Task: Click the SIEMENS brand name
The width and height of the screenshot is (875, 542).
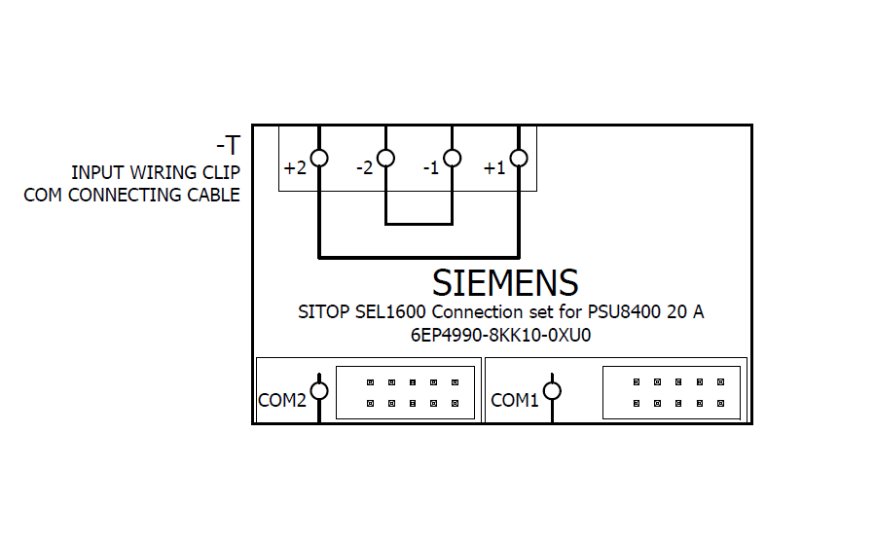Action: point(505,283)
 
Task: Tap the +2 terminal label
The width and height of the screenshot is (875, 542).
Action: point(295,168)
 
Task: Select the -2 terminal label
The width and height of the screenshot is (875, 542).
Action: point(364,168)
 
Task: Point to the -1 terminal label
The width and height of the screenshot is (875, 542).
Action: point(431,168)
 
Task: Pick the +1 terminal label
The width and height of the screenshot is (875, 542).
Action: point(494,168)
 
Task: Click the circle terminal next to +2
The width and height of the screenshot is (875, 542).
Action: point(319,158)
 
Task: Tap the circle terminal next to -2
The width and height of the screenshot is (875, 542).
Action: point(385,158)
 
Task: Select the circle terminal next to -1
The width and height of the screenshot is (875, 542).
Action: point(452,158)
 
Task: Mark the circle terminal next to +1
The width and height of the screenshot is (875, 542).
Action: point(519,158)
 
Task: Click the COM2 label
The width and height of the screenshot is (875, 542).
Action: point(282,399)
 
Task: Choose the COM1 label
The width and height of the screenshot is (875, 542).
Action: point(515,399)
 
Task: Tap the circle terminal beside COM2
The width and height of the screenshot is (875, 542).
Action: point(319,391)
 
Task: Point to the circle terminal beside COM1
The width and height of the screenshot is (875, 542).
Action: point(552,391)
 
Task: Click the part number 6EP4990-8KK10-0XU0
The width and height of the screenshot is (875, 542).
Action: point(501,336)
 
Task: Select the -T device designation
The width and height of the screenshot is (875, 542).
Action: point(228,146)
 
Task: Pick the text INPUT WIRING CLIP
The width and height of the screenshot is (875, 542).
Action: point(156,172)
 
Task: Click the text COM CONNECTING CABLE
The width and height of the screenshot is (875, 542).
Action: point(132,195)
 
